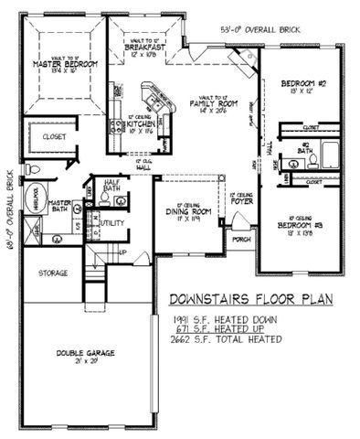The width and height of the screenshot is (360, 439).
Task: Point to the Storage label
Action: [x=54, y=273]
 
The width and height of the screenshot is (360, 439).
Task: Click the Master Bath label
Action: [x=60, y=207]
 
